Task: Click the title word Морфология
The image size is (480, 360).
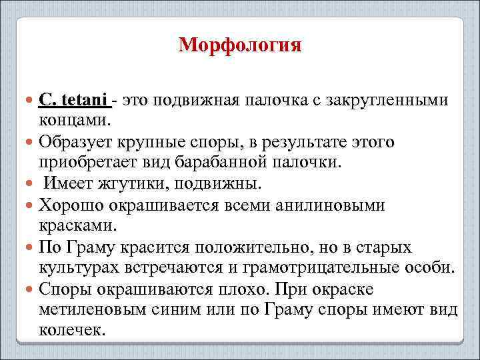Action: coord(240,45)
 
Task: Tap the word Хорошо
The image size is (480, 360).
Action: coord(70,205)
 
